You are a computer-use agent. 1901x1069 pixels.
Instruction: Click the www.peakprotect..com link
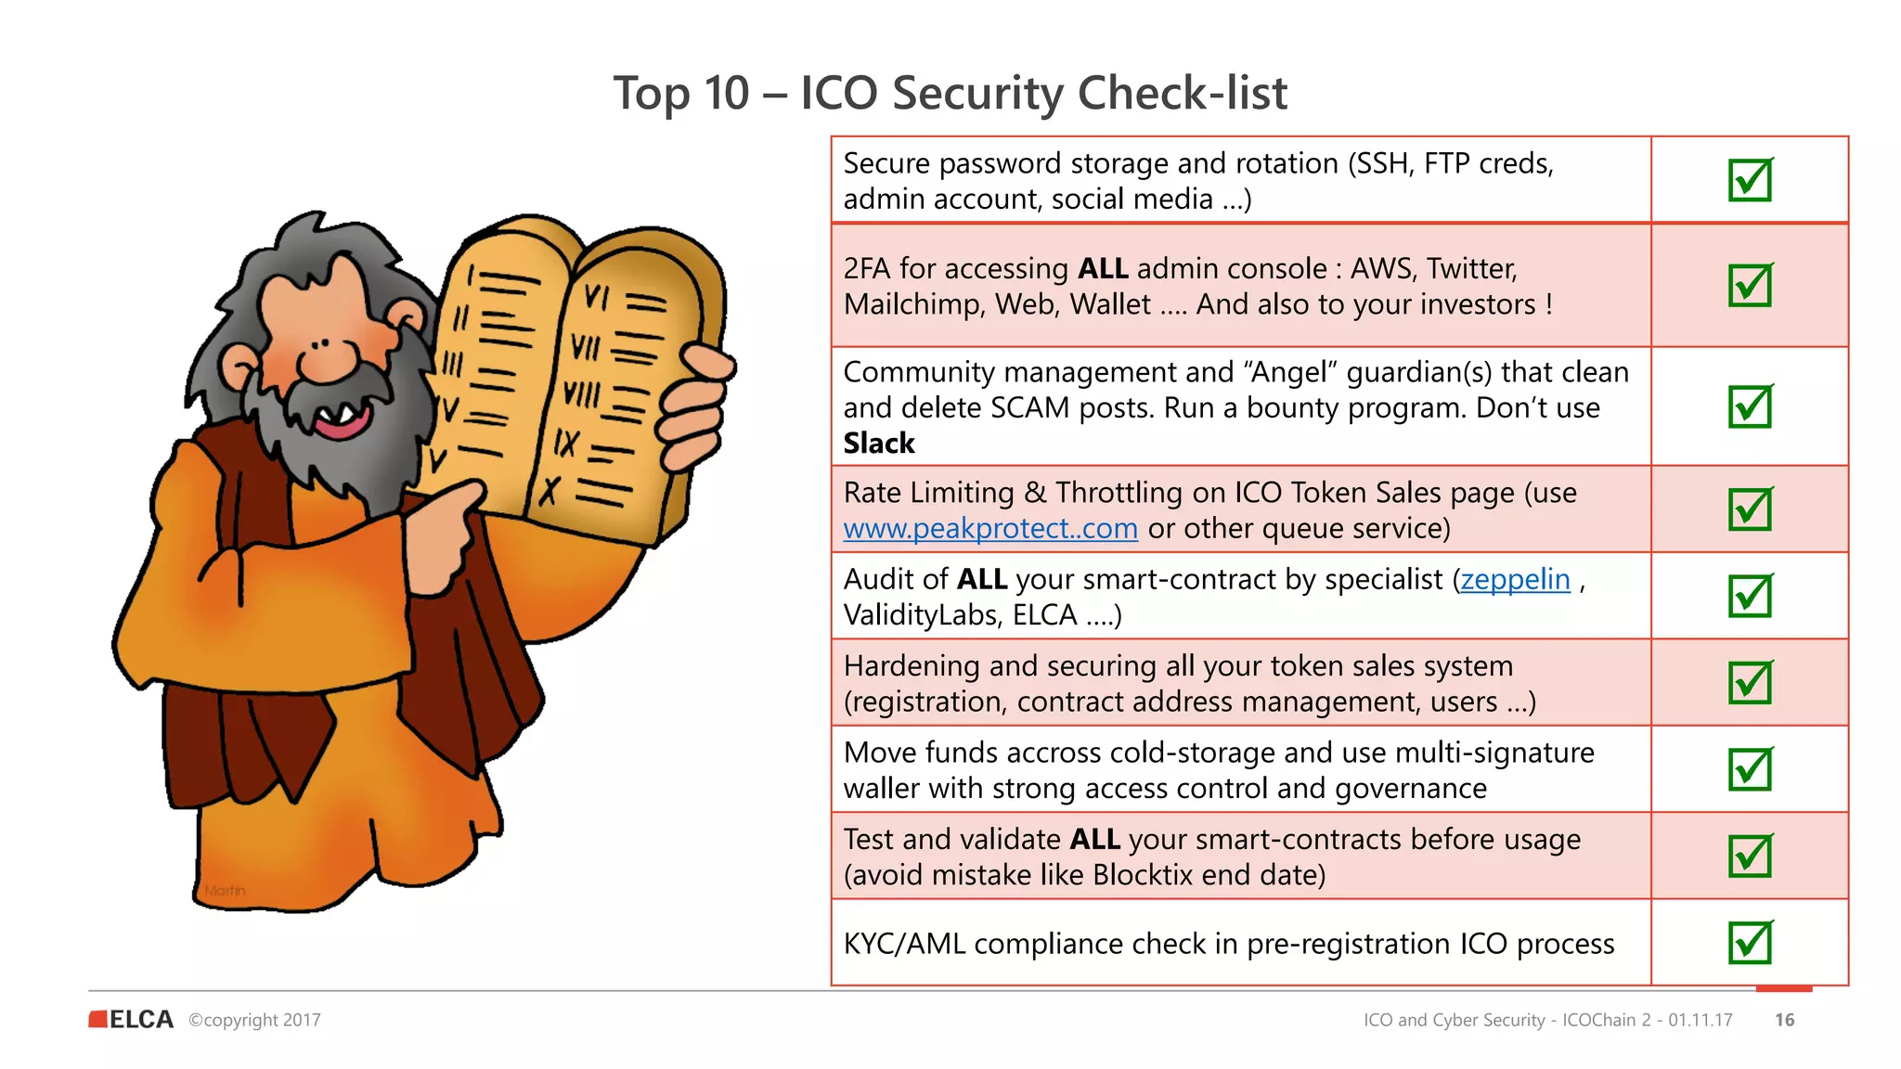989,529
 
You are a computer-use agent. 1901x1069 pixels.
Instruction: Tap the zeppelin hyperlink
1515,580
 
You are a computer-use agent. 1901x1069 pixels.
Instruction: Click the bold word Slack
878,444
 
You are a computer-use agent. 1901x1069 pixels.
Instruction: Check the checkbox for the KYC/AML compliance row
1750,943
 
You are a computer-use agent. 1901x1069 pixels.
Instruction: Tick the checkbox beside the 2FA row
1750,285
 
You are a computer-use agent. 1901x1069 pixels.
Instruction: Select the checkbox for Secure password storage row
1750,180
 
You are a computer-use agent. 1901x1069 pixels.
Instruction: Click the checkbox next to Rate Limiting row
1750,509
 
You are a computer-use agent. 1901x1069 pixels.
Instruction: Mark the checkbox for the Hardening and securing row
1750,683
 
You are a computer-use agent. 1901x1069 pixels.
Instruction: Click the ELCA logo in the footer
132,1020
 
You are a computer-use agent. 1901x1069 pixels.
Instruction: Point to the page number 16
1784,1020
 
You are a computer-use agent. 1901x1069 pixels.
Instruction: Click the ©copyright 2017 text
254,1020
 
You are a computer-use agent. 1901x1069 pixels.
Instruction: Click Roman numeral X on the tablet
550,489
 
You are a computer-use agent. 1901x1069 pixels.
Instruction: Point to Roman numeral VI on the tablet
596,297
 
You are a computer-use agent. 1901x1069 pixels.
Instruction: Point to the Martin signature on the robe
226,891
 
